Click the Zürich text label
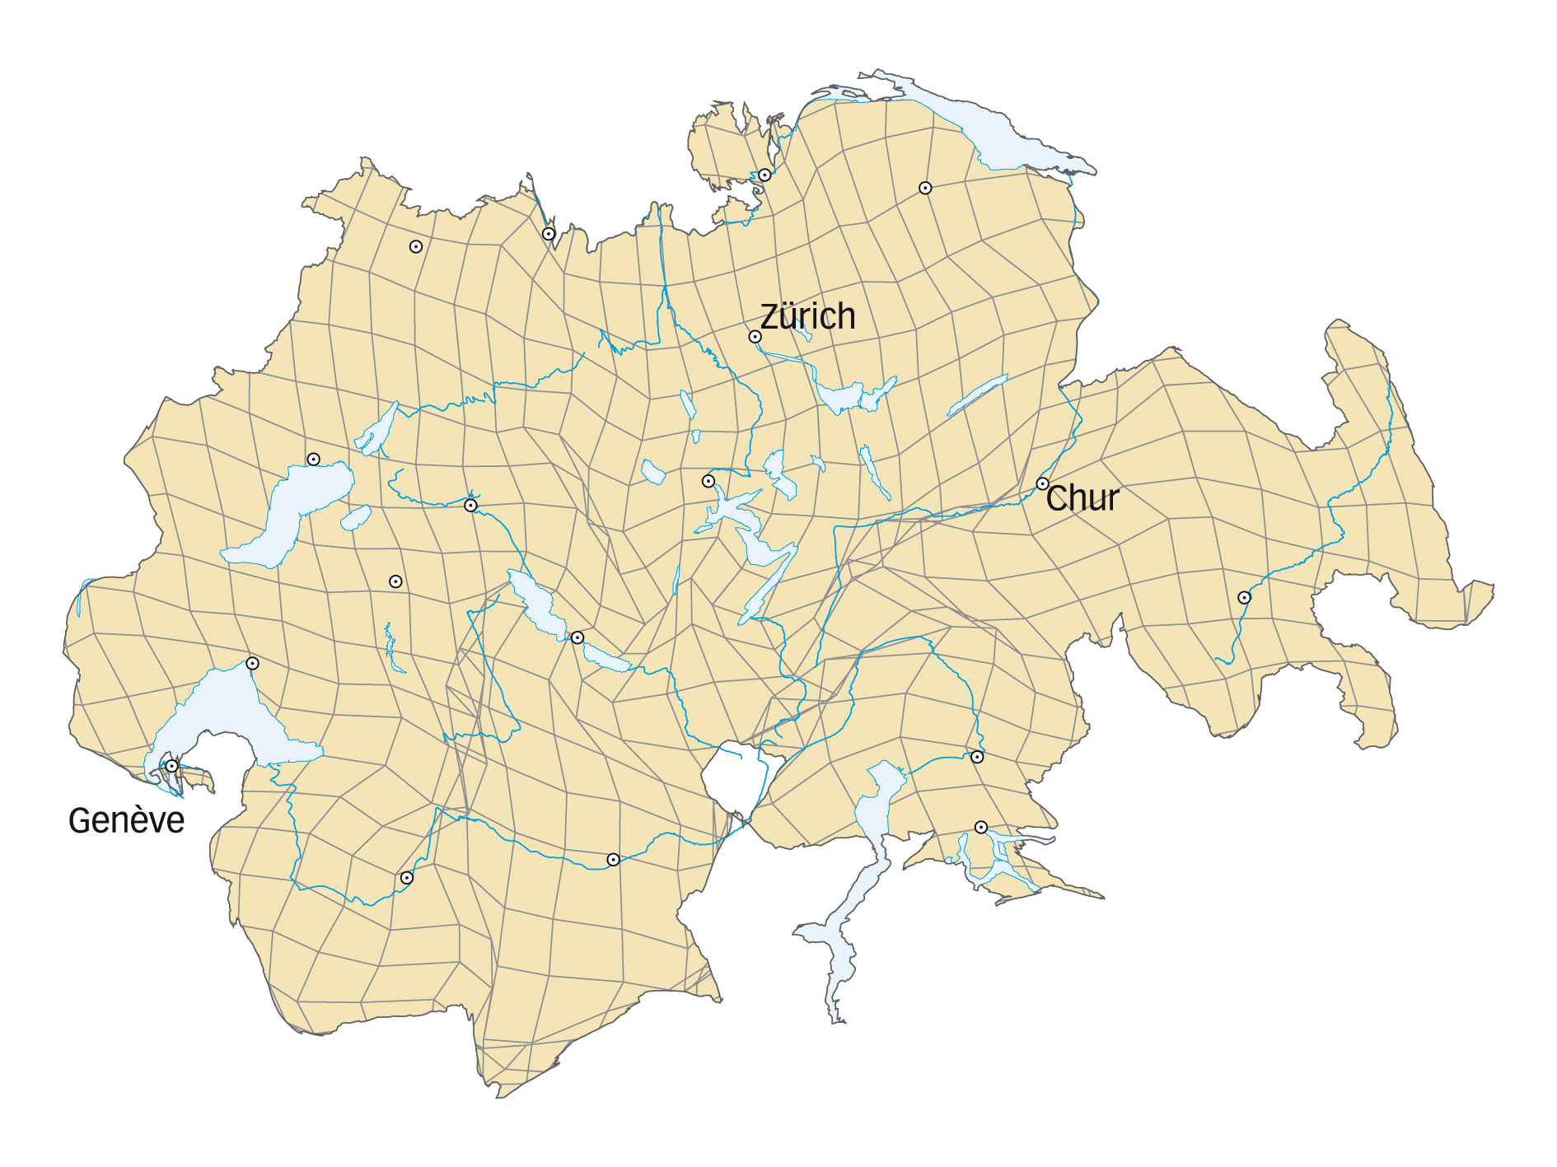pyautogui.click(x=807, y=317)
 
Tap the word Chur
pyautogui.click(x=1082, y=498)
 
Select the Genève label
pyautogui.click(x=126, y=821)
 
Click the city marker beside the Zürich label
pyautogui.click(x=755, y=337)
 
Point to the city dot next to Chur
pyautogui.click(x=1042, y=483)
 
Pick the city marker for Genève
pyautogui.click(x=171, y=766)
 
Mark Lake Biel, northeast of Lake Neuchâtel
pyautogui.click(x=377, y=428)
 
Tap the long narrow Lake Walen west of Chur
pyautogui.click(x=976, y=395)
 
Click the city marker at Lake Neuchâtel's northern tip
pyautogui.click(x=313, y=460)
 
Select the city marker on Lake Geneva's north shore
pyautogui.click(x=253, y=664)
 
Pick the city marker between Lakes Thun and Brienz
pyautogui.click(x=577, y=637)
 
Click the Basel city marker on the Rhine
pyautogui.click(x=549, y=234)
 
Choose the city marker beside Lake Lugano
pyautogui.click(x=980, y=827)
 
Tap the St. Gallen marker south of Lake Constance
pyautogui.click(x=925, y=188)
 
